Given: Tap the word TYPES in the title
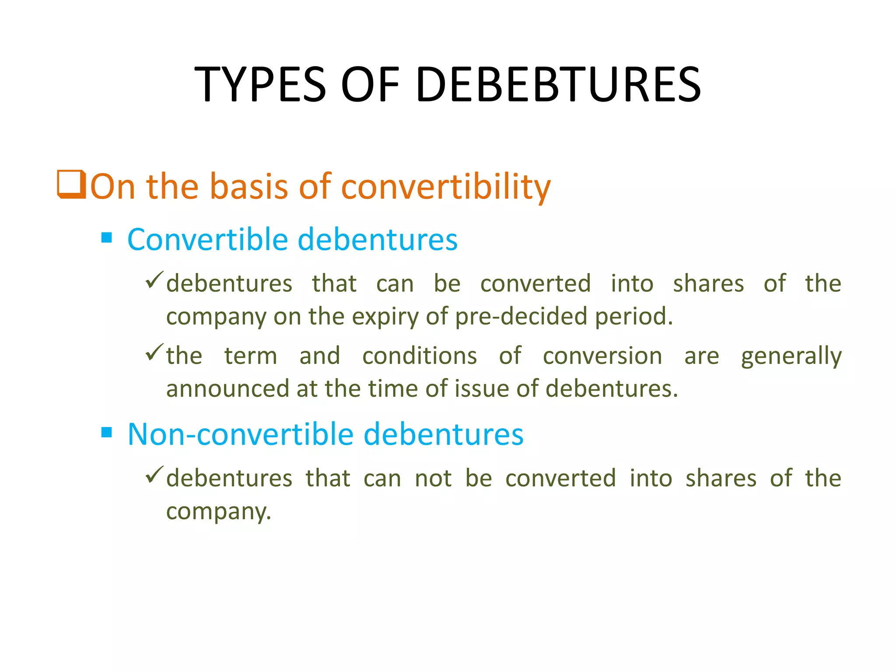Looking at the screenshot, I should click(x=260, y=84).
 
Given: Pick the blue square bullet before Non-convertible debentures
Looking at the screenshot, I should click(x=106, y=432).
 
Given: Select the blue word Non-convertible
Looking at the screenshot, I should click(x=240, y=434).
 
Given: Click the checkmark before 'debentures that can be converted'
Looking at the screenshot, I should click(x=154, y=280).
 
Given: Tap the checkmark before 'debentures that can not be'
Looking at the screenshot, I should click(x=154, y=474).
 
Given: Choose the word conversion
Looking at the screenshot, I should click(x=602, y=355).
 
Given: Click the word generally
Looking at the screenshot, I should click(x=791, y=356).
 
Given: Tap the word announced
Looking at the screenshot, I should click(x=227, y=388).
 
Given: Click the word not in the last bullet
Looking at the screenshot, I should click(x=433, y=478).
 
